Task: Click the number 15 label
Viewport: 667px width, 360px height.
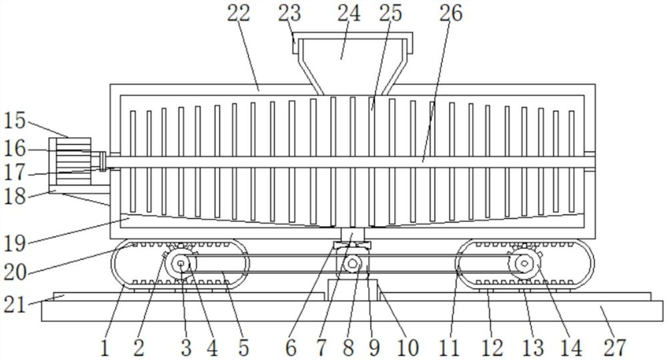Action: [15, 121]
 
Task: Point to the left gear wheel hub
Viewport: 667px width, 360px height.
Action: [181, 265]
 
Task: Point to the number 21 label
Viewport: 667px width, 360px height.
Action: [15, 305]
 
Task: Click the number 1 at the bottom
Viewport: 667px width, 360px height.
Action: [104, 347]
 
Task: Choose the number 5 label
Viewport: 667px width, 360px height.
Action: [243, 347]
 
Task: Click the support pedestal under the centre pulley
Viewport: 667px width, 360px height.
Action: [354, 290]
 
